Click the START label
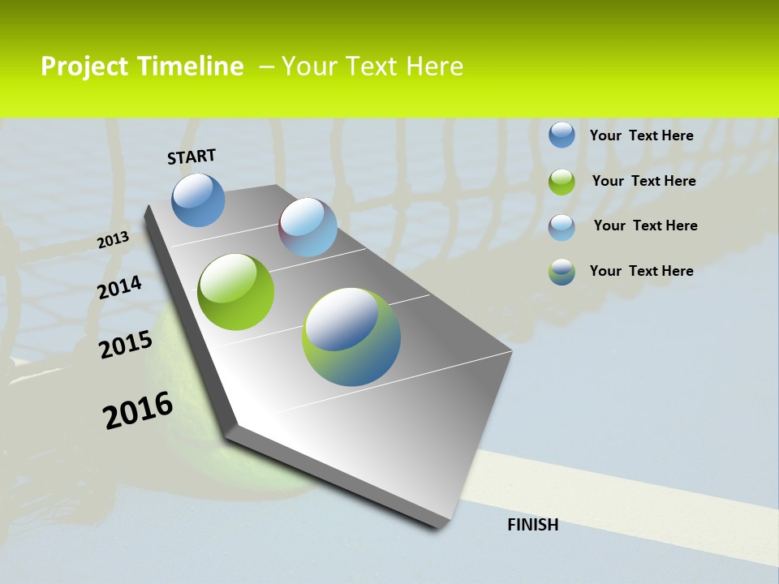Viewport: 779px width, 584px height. pos(192,157)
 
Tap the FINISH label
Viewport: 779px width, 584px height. pos(532,525)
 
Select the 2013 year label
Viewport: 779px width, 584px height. pos(113,239)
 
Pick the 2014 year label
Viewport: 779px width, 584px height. pos(119,288)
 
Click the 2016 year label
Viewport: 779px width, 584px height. pos(138,410)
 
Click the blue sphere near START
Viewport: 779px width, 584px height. pos(198,200)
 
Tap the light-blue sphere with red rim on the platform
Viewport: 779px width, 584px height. pos(308,227)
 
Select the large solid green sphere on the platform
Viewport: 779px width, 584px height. pos(236,292)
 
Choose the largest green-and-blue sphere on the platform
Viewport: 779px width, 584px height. pos(351,337)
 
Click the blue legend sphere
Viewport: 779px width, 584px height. pos(562,135)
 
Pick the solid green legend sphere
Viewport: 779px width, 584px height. pos(562,181)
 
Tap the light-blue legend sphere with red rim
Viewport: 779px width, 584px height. pos(562,226)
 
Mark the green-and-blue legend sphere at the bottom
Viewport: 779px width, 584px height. pos(562,271)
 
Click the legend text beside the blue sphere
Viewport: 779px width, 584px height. pos(641,135)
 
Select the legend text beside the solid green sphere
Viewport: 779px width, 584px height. pos(643,181)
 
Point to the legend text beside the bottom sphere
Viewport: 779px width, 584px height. pos(641,271)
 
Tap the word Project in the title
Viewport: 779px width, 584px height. pos(84,67)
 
